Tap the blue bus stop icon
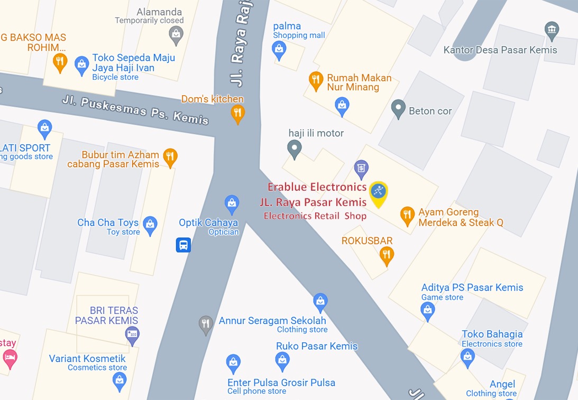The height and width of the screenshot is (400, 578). point(183,245)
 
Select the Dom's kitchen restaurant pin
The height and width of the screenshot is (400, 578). point(238,113)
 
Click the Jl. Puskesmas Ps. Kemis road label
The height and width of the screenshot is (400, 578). point(135,109)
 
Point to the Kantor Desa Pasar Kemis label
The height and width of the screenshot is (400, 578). point(500,50)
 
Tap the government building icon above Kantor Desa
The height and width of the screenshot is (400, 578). point(552,29)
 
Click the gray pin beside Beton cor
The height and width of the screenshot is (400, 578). point(398,109)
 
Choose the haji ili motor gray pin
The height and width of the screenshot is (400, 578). point(295,149)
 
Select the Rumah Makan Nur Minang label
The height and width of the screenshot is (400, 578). point(359,82)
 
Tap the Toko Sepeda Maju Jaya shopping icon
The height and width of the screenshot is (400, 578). point(81,65)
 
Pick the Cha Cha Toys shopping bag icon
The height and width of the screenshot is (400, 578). point(150,225)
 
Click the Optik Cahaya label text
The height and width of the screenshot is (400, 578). point(208,223)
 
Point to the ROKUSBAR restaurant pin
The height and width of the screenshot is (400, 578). point(387,256)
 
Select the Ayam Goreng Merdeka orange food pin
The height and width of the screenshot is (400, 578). point(407,215)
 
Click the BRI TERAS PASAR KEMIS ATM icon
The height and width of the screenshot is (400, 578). point(132,333)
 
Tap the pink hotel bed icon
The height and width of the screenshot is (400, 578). point(10,358)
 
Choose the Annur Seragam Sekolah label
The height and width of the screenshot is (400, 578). point(272,321)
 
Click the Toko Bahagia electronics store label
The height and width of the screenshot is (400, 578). point(492,334)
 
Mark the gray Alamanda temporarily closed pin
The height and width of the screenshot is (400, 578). point(176,35)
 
